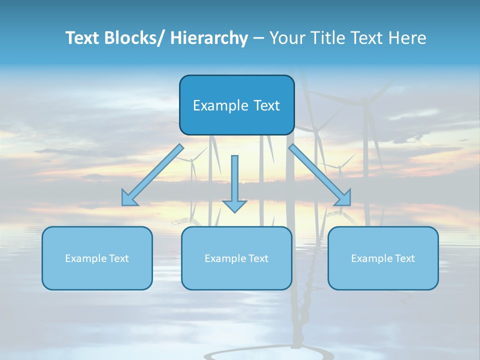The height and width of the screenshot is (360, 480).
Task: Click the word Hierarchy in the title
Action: (208, 38)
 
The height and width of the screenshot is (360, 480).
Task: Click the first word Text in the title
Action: (83, 38)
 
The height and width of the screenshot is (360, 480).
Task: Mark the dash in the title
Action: (258, 38)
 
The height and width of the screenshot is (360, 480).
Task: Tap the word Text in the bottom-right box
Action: (403, 258)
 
